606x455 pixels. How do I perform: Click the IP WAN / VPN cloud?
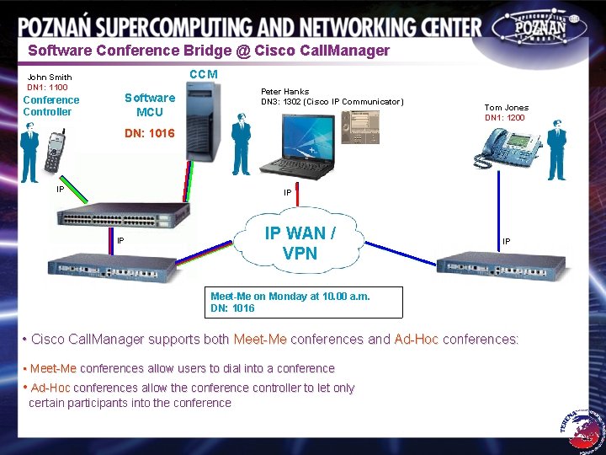point(300,242)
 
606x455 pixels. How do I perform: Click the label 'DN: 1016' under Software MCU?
point(149,133)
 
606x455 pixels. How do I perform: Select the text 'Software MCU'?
point(150,104)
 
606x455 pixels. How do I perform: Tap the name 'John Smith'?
point(50,78)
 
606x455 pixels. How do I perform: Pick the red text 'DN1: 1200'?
point(505,118)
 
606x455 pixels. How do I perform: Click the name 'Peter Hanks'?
point(284,91)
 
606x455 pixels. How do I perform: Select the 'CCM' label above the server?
point(204,74)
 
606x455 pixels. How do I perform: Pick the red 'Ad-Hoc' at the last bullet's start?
point(50,388)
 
